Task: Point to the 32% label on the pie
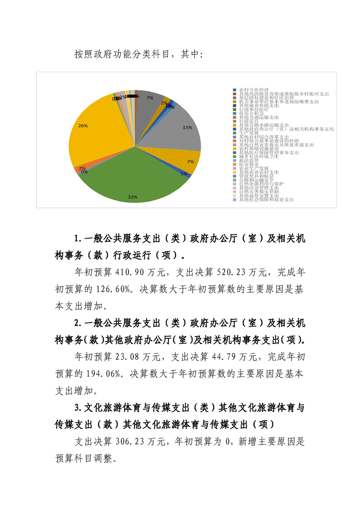(x=132, y=197)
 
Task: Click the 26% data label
(x=83, y=126)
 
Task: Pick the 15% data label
(x=187, y=127)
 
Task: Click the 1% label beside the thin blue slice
(x=184, y=174)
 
